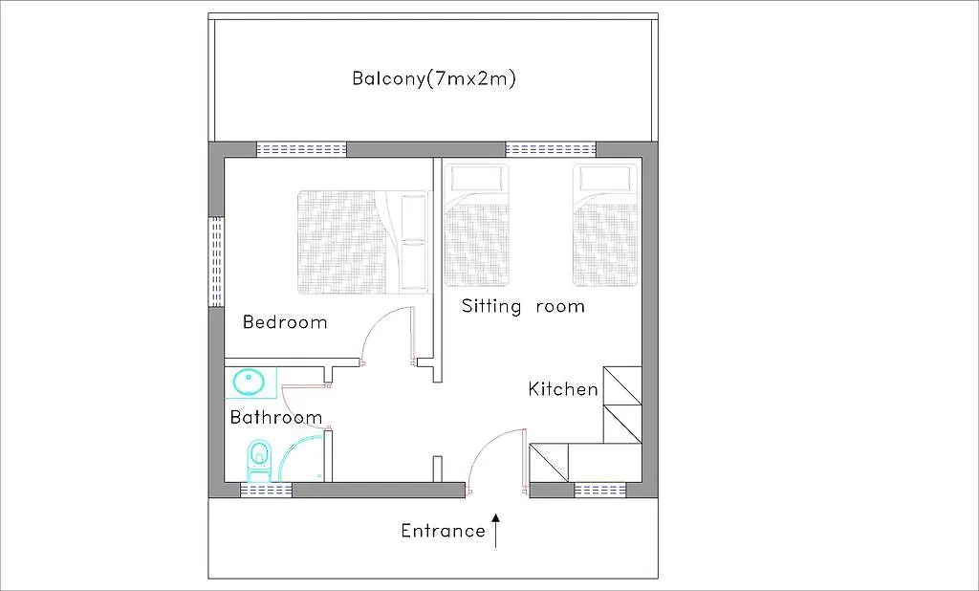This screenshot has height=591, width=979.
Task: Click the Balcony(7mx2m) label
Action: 434,79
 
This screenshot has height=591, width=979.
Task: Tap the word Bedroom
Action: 285,322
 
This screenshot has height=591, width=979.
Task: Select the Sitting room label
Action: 523,306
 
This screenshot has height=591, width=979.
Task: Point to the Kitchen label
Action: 562,389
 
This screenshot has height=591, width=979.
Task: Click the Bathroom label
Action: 276,417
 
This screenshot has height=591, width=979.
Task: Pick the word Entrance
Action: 443,531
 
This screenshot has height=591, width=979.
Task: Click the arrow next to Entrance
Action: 496,531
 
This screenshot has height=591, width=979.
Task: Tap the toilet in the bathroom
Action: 259,461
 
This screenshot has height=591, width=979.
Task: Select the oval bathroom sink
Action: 250,382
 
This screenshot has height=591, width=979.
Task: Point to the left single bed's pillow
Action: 476,180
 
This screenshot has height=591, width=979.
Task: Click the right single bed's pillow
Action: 606,180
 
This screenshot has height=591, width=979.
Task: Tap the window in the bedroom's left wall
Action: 216,261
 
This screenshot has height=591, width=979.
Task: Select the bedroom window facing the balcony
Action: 301,149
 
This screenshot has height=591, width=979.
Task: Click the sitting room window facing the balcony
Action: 550,149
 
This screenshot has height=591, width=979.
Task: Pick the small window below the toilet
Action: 267,490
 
